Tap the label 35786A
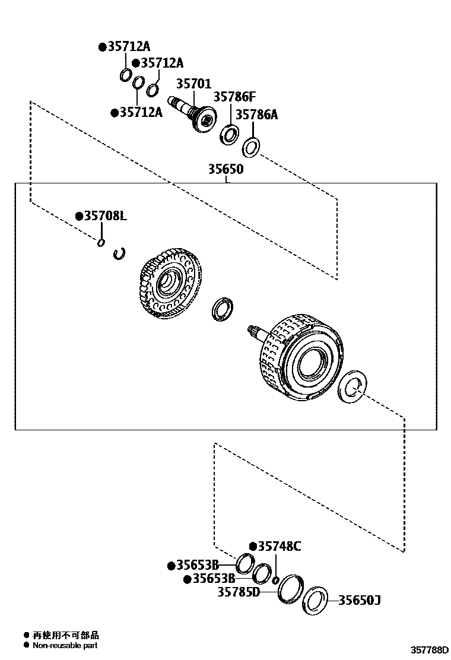point(256,115)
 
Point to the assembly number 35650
point(225,169)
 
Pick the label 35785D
point(239,592)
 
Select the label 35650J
point(359,600)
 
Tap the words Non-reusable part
point(65,645)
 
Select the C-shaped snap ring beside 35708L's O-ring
point(120,253)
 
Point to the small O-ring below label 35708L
point(101,242)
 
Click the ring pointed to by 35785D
point(290,589)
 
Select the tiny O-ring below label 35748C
point(275,579)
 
